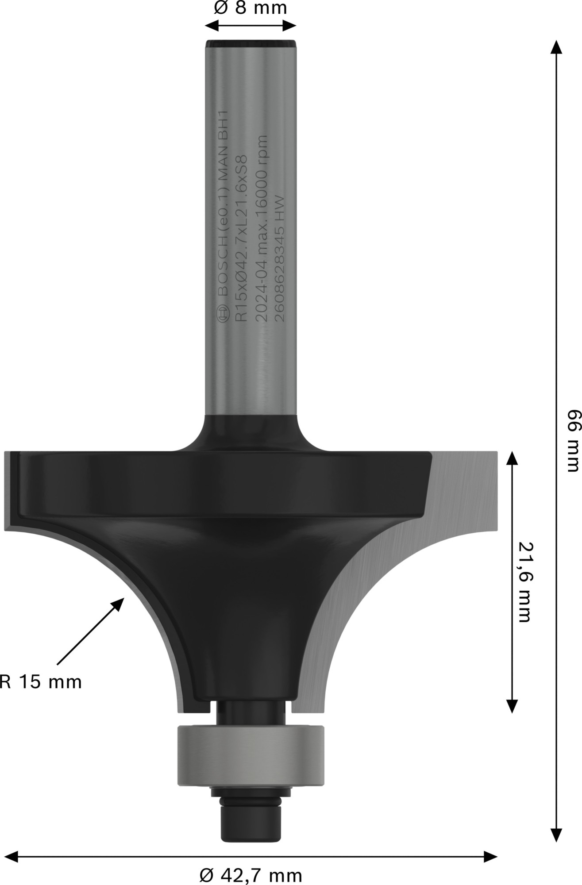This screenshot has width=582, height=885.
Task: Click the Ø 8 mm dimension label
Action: click(x=250, y=8)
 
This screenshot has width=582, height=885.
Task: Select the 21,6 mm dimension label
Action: click(x=524, y=582)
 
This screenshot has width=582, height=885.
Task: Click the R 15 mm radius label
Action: click(x=41, y=682)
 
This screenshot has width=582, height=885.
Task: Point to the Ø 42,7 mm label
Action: click(x=251, y=875)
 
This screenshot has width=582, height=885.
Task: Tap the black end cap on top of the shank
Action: click(x=251, y=44)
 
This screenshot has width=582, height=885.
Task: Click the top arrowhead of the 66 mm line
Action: click(x=556, y=46)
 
